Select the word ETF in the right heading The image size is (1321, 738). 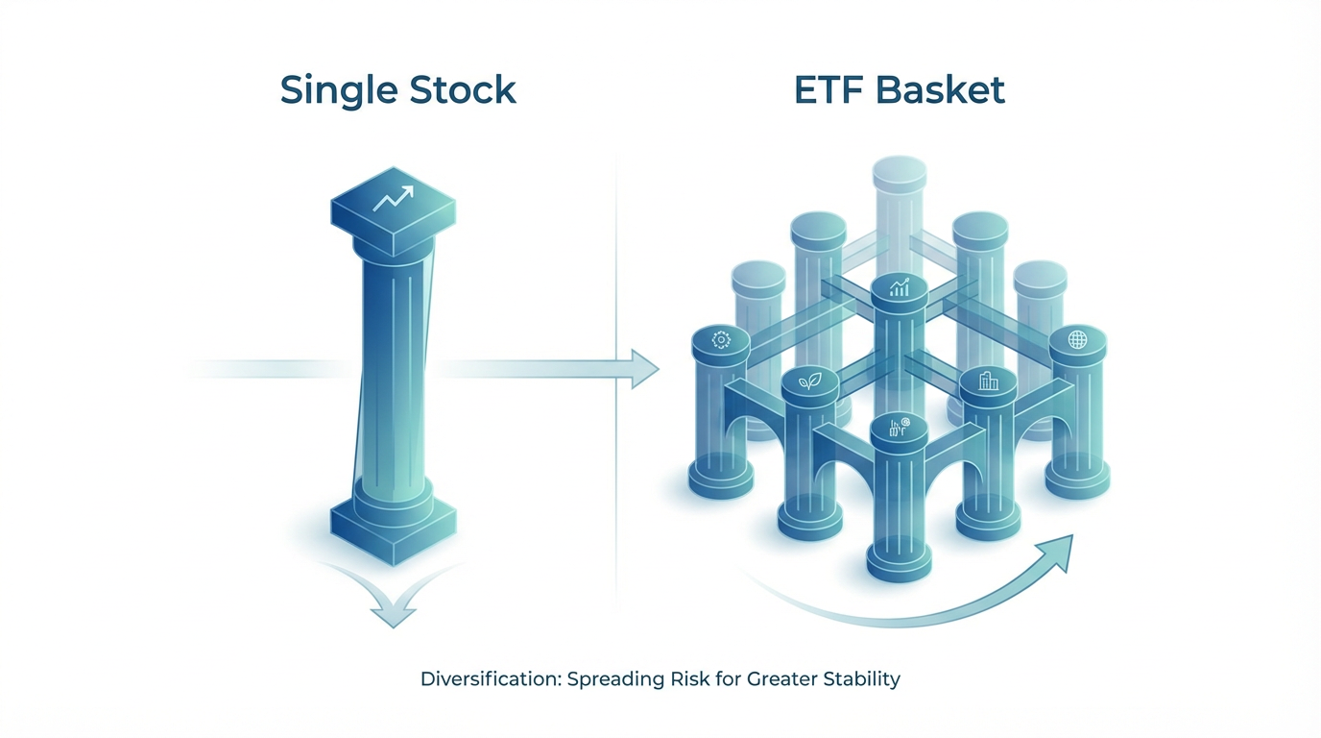(828, 90)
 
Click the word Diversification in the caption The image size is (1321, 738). (491, 679)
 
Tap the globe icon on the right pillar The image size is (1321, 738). (1077, 339)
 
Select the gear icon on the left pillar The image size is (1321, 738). (721, 339)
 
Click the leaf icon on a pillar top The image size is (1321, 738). (809, 382)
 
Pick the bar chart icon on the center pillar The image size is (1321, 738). (900, 287)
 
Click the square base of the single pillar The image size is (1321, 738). (394, 531)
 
